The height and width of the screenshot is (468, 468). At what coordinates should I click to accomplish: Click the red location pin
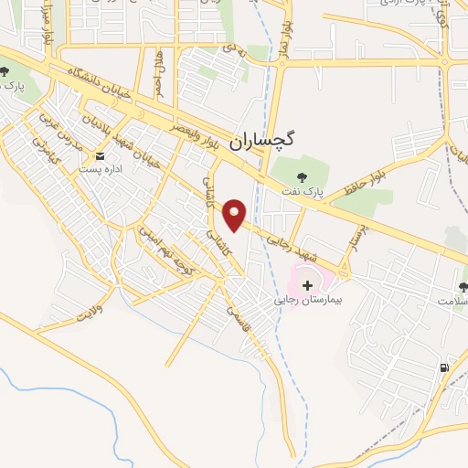[x=236, y=214]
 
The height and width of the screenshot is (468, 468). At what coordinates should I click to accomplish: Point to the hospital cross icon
[x=307, y=286]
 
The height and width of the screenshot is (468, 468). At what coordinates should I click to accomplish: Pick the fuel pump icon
[x=444, y=367]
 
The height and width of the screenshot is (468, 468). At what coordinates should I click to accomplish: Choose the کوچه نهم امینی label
[x=163, y=244]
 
